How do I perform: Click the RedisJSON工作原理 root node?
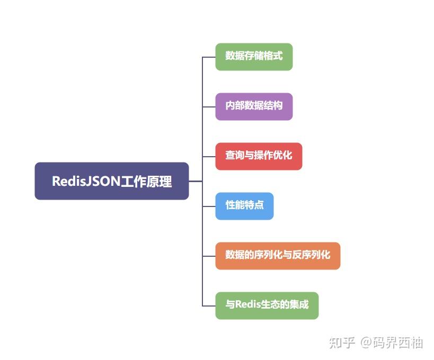pos(111,181)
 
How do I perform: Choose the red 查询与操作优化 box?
pos(259,156)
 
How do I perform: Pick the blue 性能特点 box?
pos(244,206)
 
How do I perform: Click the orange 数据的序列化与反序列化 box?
pos(278,256)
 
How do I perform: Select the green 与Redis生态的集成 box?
pos(267,305)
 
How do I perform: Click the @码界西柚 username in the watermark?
pos(392,343)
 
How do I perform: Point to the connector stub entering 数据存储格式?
pos(209,57)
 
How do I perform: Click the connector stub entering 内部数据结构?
pos(209,106)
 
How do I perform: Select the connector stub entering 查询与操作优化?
pos(209,156)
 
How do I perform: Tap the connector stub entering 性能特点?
pos(209,206)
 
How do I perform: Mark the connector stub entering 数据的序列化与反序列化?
pos(209,256)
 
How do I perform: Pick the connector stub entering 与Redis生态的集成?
pos(209,305)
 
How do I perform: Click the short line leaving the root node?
pos(196,181)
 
